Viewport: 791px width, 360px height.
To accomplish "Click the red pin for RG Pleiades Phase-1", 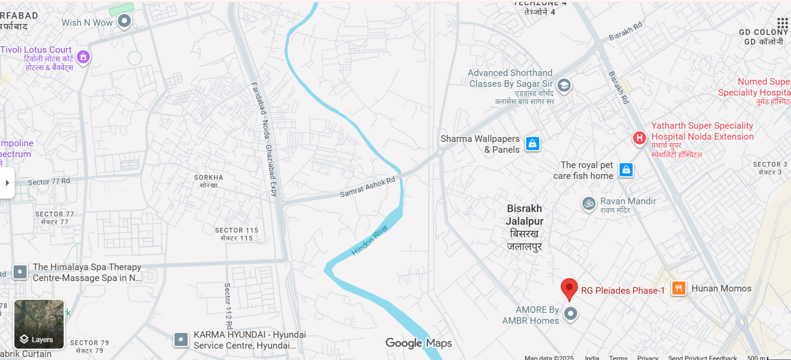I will coord(569,288).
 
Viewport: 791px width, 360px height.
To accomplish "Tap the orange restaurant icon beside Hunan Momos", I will coord(679,288).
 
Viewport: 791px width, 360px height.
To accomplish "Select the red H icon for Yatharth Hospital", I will coord(639,138).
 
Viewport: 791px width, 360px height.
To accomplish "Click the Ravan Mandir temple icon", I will coord(589,203).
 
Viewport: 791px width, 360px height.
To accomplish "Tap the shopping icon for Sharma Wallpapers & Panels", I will coord(532,144).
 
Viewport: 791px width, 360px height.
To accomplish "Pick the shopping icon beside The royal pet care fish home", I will coord(626,170).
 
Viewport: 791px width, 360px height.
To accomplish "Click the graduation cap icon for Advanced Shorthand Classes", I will coord(564,85).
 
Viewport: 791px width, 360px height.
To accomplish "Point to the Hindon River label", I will coord(369,240).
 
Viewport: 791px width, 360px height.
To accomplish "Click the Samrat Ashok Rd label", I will coord(368,187).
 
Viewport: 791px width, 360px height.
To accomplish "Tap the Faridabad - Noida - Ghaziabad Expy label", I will coord(264,139).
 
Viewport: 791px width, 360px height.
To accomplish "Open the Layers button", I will coord(39,324).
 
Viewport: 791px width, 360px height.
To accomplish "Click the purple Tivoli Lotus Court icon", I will coord(83,56).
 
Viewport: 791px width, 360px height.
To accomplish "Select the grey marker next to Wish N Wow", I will coord(124,21).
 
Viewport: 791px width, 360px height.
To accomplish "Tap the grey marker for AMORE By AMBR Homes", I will coord(570,313).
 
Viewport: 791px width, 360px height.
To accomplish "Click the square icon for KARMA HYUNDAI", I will coord(181,339).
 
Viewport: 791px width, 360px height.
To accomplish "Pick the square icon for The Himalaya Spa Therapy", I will coord(20,272).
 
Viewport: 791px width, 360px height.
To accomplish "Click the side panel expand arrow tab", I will coord(7,183).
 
